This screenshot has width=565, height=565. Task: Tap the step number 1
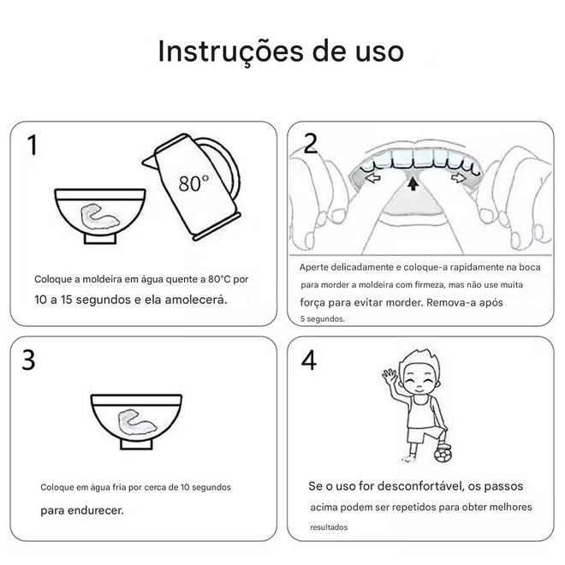click(33, 145)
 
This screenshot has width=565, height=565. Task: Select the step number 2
click(310, 144)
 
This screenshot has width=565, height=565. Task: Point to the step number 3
click(28, 360)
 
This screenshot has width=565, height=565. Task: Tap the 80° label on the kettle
click(193, 183)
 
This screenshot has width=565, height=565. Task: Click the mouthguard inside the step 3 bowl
click(137, 421)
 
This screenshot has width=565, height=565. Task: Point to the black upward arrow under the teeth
click(413, 183)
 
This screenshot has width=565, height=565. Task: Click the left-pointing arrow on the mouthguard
click(372, 177)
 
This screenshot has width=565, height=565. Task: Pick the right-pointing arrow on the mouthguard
click(458, 177)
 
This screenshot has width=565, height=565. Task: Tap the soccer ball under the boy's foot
click(443, 455)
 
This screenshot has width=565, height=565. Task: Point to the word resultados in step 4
click(329, 527)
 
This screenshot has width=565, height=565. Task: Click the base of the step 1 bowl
click(100, 239)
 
